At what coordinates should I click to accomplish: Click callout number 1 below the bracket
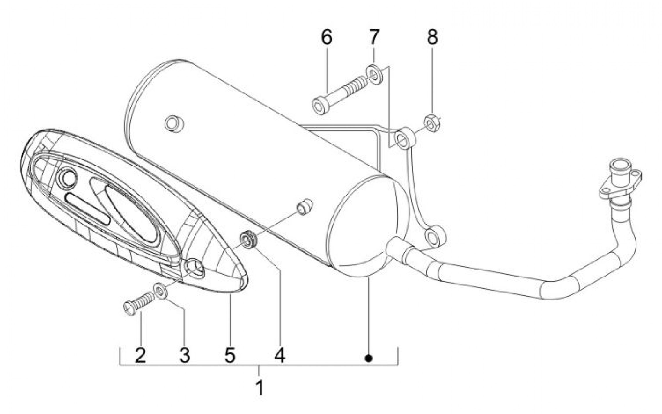(x=260, y=387)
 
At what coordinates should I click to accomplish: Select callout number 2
(x=141, y=355)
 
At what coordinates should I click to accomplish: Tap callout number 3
(x=185, y=355)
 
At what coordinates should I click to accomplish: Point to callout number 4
(x=280, y=355)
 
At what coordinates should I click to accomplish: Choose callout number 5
(x=230, y=355)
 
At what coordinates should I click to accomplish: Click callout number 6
(x=327, y=37)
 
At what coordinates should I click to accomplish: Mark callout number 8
(x=432, y=37)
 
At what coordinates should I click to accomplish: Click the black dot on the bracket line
(x=369, y=358)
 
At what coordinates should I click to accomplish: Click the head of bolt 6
(x=320, y=107)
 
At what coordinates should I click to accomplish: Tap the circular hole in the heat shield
(x=68, y=178)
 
